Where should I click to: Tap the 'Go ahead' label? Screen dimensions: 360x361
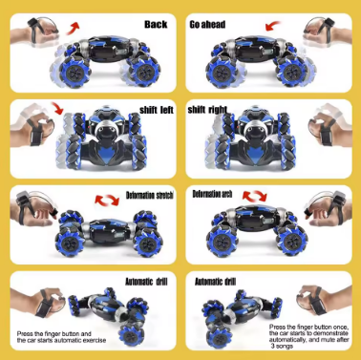(209, 22)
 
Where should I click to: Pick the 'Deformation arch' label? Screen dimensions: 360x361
(215, 195)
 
